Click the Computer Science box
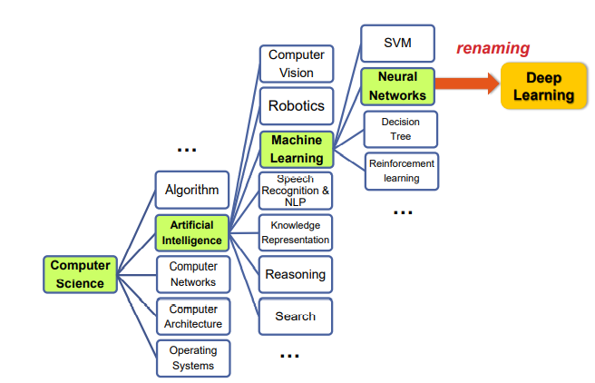(x=80, y=274)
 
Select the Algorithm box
(x=192, y=191)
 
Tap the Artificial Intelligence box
(x=192, y=232)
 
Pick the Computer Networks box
(x=192, y=274)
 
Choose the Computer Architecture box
(x=192, y=316)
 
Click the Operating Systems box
(x=192, y=358)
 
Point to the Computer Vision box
(x=296, y=64)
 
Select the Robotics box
(x=296, y=105)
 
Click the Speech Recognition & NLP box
(x=296, y=191)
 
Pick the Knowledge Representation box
(x=296, y=232)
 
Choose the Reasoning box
(x=296, y=274)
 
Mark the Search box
(x=296, y=316)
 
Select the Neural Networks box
(x=397, y=87)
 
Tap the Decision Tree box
(x=401, y=129)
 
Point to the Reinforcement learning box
(x=401, y=171)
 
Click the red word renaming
(x=493, y=49)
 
